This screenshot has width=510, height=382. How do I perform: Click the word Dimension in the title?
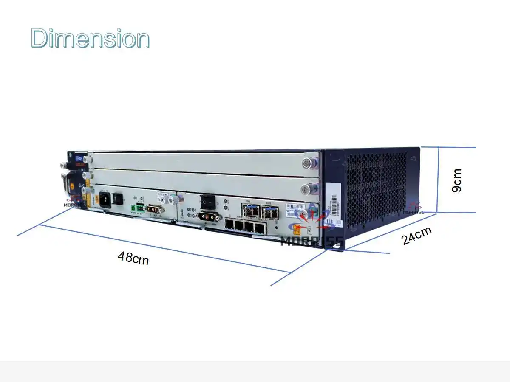(90, 38)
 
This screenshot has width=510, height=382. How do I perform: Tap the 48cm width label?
(133, 258)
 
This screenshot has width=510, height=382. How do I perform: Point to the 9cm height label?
(456, 180)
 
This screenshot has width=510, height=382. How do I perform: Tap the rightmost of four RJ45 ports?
(259, 228)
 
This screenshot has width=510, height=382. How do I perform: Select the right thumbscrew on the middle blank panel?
(307, 188)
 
